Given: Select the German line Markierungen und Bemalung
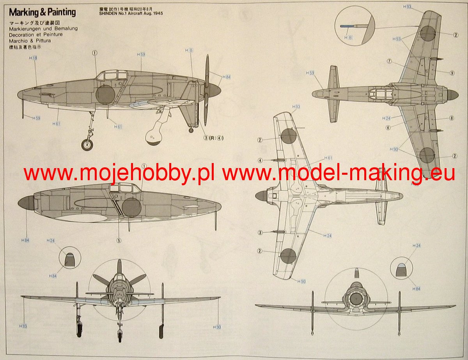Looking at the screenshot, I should pos(43,29).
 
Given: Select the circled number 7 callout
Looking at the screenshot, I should pos(389,61).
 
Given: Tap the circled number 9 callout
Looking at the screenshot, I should pos(452,73).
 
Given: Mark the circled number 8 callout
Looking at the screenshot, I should pos(451,118).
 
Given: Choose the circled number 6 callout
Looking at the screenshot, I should pos(388,128).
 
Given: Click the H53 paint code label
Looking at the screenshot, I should pos(396,39).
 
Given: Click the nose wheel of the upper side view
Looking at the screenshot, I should pos(87,145).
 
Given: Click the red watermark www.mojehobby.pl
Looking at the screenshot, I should pos(119,173).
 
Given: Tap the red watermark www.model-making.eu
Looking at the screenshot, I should pos(338,173).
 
